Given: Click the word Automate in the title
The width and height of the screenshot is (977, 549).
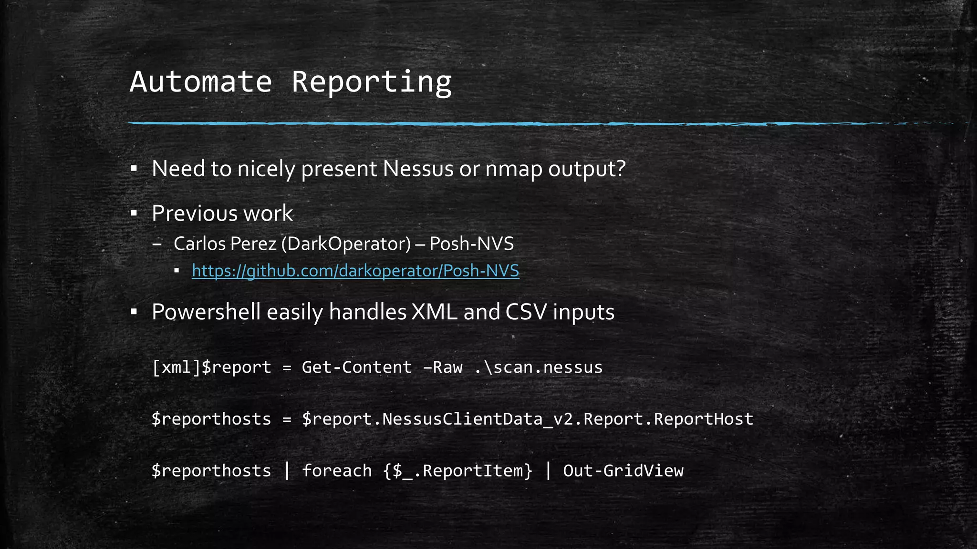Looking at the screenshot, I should [x=200, y=82].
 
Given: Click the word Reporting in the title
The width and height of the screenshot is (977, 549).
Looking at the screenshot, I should [x=371, y=82].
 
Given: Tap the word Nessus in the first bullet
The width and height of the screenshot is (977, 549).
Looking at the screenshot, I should [x=417, y=169].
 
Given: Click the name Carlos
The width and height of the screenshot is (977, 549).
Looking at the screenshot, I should [x=200, y=244].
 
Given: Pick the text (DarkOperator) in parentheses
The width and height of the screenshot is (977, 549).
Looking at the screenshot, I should [x=346, y=244].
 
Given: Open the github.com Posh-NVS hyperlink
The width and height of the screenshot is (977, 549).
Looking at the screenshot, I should [x=355, y=271].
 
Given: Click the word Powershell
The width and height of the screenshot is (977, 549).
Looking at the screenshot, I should [x=206, y=313].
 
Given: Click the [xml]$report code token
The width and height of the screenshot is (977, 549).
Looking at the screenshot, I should [x=211, y=367].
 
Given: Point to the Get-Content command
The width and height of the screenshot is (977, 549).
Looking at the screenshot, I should [x=357, y=367].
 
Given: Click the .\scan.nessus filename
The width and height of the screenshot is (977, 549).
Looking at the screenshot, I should [x=539, y=367].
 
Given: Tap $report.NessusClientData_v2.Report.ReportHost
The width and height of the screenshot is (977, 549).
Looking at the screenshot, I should [x=527, y=419].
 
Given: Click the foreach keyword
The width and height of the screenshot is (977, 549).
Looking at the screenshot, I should [x=337, y=471].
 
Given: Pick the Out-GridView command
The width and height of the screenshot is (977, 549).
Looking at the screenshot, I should [x=623, y=471].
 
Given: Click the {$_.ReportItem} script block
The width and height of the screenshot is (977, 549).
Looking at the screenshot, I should [x=457, y=471].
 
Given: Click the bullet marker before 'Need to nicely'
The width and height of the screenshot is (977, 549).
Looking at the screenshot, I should [x=134, y=169].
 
